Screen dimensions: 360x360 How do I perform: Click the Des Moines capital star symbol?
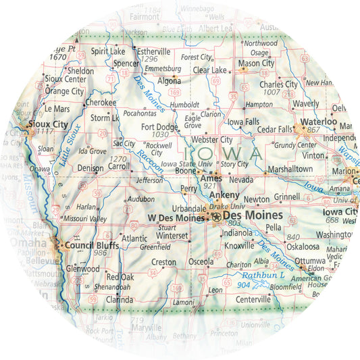(216, 216)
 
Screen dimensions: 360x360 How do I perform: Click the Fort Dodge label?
(159, 126)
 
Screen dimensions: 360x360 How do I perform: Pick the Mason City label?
(256, 63)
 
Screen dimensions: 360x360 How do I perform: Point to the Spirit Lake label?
(108, 51)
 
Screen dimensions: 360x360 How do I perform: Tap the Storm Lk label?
(105, 118)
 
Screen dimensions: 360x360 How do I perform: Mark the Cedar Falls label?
(275, 128)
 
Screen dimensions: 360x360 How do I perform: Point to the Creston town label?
(163, 261)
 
